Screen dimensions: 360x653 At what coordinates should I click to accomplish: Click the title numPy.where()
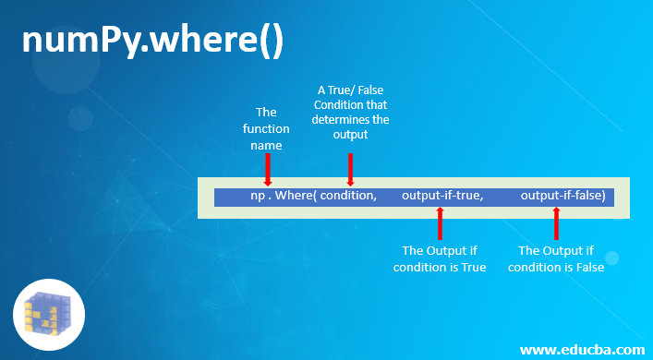(x=152, y=42)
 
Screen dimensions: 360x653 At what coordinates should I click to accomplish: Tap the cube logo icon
(x=49, y=315)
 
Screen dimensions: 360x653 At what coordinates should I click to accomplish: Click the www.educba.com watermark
(x=582, y=349)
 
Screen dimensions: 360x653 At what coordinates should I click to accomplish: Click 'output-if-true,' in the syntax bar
(x=442, y=196)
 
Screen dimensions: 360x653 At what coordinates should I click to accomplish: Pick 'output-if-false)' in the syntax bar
(x=562, y=196)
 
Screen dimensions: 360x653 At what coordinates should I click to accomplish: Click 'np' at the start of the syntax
(x=258, y=196)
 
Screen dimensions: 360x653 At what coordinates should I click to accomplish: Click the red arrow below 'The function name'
(x=267, y=170)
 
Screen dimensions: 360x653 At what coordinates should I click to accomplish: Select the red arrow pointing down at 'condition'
(x=350, y=168)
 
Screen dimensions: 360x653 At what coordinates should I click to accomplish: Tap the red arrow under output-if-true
(x=440, y=223)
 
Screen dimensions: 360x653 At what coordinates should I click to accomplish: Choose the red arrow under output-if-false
(x=556, y=223)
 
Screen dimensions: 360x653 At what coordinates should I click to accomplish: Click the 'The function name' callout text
(x=266, y=128)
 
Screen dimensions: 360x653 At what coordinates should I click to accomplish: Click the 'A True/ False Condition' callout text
(x=350, y=112)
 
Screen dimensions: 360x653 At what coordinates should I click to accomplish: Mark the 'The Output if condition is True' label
(x=440, y=258)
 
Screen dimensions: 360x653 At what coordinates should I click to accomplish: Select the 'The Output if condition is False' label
(x=556, y=258)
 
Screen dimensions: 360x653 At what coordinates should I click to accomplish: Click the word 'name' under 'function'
(x=266, y=145)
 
